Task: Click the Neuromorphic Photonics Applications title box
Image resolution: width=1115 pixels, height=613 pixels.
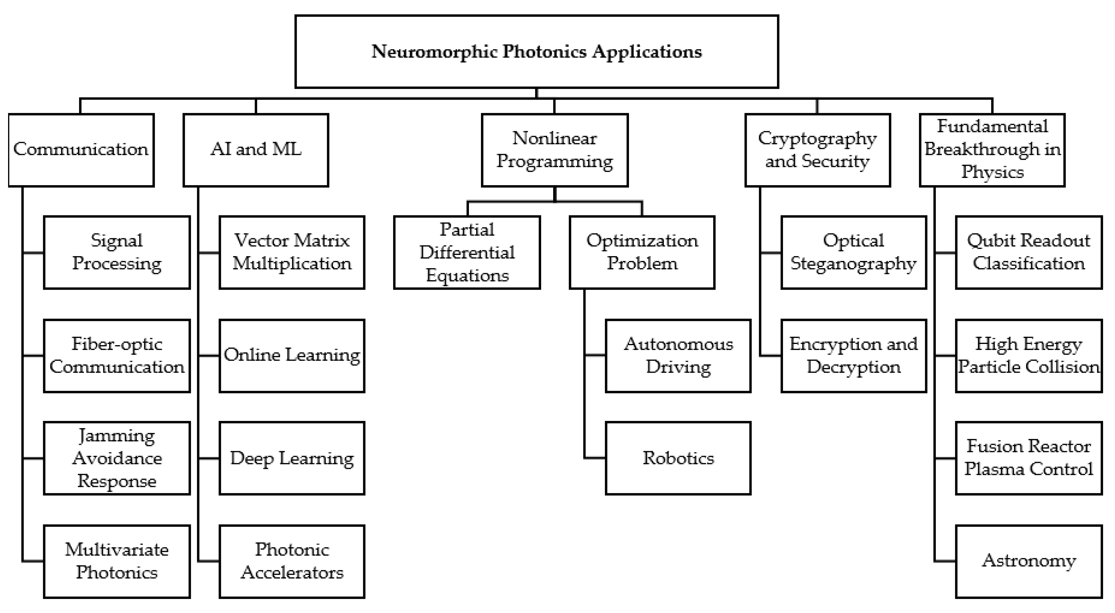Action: pos(536,52)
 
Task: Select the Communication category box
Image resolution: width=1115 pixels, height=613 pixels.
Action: pos(81,150)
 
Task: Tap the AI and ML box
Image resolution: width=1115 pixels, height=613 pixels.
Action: pos(256,150)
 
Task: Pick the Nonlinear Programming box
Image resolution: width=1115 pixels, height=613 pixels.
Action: pos(554,150)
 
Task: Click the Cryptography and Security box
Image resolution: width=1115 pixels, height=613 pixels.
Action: pos(817,150)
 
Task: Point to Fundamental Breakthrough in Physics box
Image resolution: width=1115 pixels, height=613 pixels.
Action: pos(992,150)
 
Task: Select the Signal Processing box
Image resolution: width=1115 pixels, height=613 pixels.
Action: pos(117,252)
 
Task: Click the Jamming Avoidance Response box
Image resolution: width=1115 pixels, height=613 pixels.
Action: pos(117,458)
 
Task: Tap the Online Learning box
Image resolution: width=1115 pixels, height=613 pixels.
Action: pos(292,355)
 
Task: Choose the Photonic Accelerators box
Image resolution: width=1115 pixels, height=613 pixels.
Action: pos(292,561)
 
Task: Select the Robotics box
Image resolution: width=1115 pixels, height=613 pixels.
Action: pos(678,458)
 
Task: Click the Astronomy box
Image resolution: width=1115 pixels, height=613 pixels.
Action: pos(1028,561)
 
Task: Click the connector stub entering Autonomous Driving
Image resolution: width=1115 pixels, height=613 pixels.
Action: pos(595,355)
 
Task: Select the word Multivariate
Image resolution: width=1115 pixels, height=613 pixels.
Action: pos(117,550)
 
